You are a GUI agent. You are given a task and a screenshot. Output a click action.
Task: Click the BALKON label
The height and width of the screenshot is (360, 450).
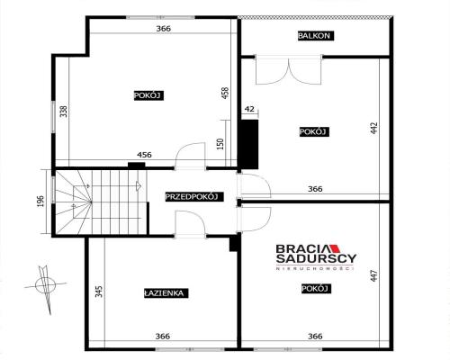[315, 36]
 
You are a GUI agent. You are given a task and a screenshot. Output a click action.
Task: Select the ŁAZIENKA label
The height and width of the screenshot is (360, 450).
[165, 292]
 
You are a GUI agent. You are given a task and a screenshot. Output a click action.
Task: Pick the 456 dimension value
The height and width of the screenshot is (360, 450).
[143, 155]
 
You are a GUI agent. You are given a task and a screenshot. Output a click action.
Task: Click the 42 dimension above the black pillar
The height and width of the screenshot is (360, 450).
[250, 109]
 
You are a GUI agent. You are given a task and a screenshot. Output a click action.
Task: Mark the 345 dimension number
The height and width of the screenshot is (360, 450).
[98, 292]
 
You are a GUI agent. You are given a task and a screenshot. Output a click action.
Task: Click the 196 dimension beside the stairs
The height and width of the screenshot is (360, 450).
[40, 201]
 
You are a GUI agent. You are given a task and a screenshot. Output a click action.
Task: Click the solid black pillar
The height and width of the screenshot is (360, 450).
[250, 141]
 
